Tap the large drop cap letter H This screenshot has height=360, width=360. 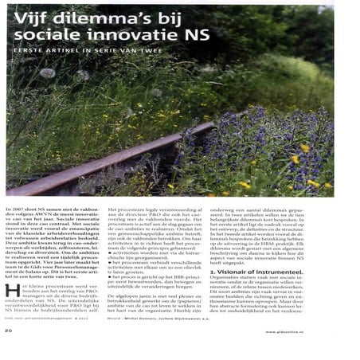(x=10, y=289)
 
